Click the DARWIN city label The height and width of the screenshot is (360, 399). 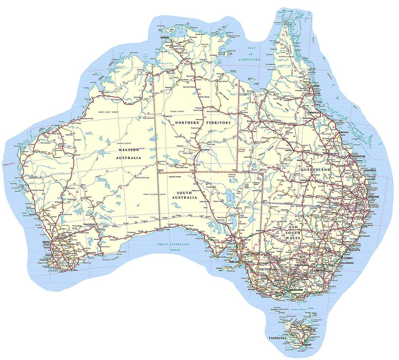pos(165,37)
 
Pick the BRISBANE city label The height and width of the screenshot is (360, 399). pos(374,197)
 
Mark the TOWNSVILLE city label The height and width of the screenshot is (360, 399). pos(315,113)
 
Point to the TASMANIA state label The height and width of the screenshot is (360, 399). pos(278,338)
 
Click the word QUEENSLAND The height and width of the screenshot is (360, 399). pos(315,169)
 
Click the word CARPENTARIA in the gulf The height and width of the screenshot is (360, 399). pos(249,60)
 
